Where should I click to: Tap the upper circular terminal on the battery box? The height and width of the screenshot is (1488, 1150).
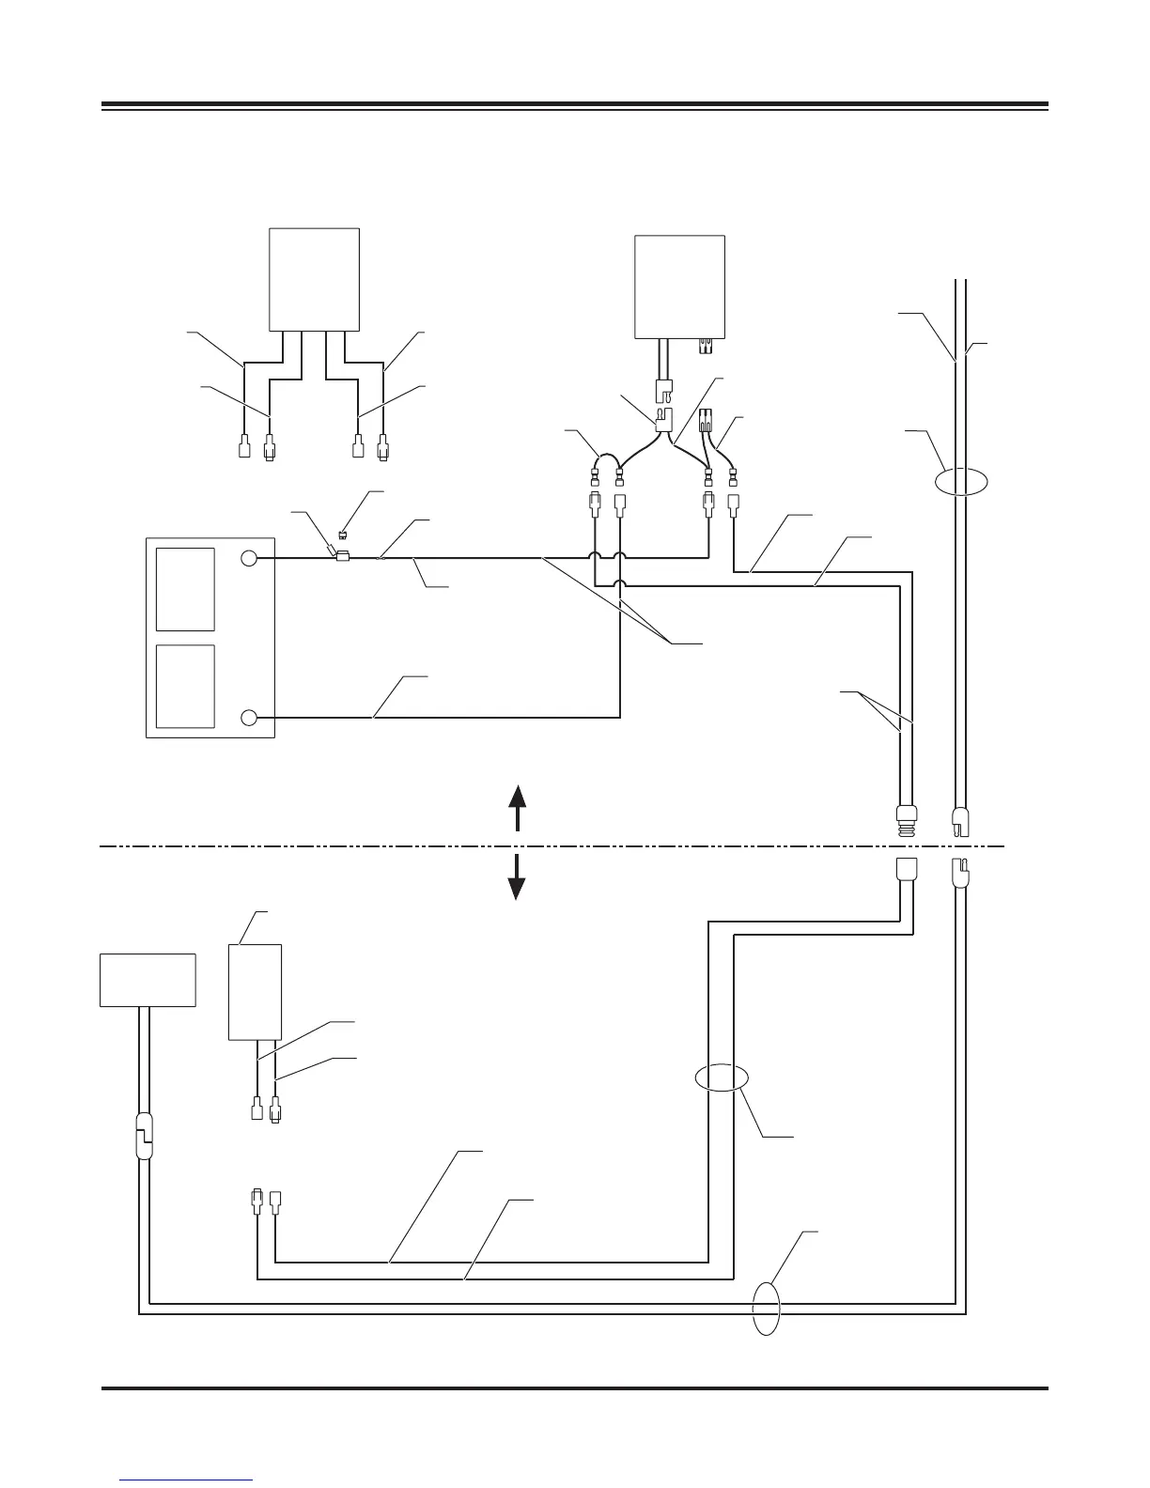(247, 558)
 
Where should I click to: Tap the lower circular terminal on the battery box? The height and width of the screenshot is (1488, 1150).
(247, 718)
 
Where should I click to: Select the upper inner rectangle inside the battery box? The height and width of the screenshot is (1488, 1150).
(185, 589)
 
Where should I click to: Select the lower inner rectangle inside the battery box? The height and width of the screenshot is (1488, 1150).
(185, 686)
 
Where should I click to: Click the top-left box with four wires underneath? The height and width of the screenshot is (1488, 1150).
(314, 278)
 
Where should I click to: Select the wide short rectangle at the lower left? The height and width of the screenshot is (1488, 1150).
(148, 980)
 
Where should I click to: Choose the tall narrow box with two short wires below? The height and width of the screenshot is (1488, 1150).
(255, 991)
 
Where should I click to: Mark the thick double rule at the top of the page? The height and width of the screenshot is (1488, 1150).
(574, 105)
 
